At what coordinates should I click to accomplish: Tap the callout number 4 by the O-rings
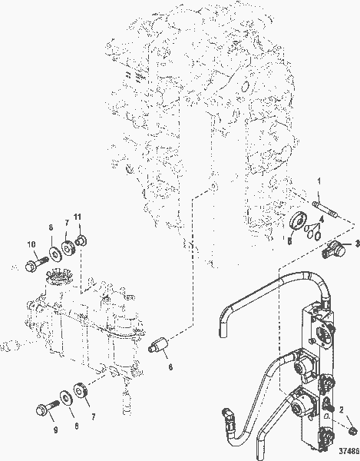pyautogui.click(x=322, y=219)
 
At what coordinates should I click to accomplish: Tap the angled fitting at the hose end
pyautogui.click(x=231, y=416)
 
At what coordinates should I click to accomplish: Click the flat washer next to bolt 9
pyautogui.click(x=64, y=396)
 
